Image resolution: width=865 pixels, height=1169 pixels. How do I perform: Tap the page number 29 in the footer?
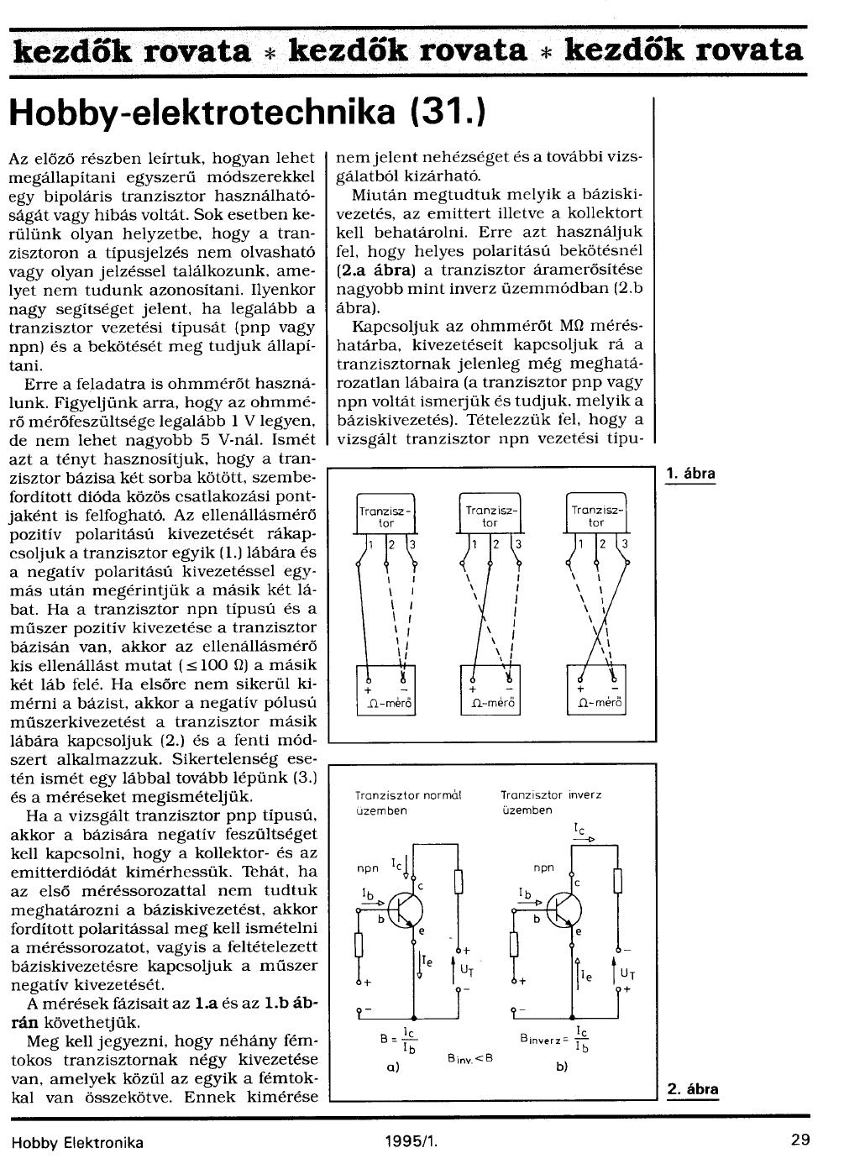coord(799,1141)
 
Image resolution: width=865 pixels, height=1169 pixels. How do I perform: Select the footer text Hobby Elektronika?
coord(77,1142)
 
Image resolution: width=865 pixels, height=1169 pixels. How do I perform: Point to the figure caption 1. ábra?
coord(690,474)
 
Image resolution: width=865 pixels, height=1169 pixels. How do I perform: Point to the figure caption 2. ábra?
coord(693,1090)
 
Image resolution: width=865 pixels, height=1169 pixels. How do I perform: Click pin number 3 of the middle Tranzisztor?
coord(519,545)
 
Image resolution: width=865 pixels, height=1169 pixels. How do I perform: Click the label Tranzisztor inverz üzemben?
coord(550,802)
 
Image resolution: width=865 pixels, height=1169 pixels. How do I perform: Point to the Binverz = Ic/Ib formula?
coord(555,1039)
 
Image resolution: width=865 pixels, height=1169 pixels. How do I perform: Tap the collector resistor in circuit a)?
coord(459,881)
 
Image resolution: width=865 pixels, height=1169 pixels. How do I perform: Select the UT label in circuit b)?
coord(626,973)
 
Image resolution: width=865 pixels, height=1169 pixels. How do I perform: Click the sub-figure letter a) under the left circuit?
coord(391,1067)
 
